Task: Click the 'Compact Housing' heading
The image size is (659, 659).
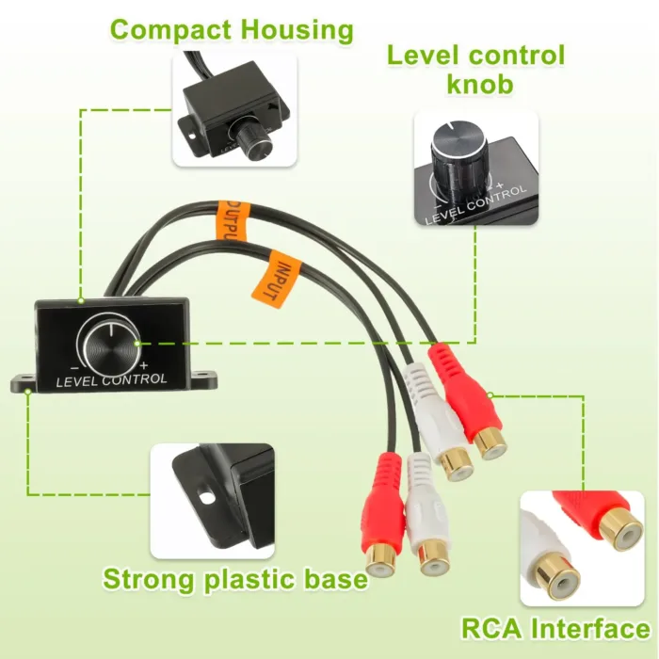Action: [233, 29]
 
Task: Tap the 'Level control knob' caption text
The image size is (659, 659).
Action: [476, 69]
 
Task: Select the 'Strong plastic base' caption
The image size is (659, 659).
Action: [235, 578]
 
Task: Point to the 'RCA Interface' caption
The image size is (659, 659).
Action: [555, 628]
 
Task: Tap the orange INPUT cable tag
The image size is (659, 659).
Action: [274, 278]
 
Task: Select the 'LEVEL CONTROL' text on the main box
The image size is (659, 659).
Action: [112, 380]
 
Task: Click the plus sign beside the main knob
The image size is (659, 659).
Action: [143, 364]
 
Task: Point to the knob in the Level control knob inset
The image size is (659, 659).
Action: [457, 151]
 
